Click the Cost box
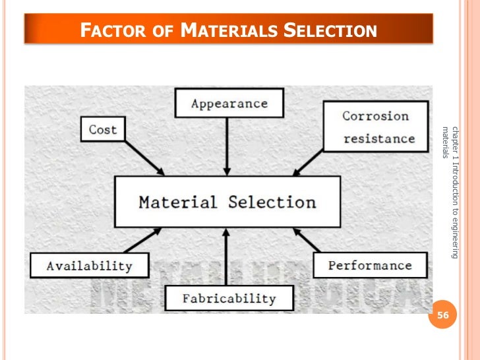102,129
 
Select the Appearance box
229,104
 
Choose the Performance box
369,265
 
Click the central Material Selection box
227,202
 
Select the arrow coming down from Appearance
227,146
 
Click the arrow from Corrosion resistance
313,161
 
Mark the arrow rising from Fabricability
227,257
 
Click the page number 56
442,316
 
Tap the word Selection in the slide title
329,30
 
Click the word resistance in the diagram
378,138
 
